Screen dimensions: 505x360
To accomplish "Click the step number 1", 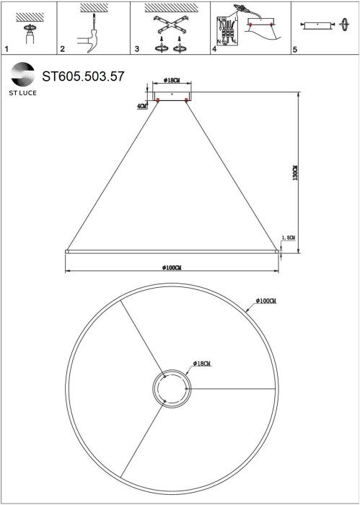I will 6,50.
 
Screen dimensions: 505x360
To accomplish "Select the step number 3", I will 136,50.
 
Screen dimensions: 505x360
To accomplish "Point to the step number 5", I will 294,50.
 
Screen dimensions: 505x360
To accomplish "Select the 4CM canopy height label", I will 141,106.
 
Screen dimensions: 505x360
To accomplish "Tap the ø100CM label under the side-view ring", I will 172,267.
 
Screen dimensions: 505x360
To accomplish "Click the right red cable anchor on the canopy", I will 187,100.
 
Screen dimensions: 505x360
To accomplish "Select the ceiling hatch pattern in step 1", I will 30,16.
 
